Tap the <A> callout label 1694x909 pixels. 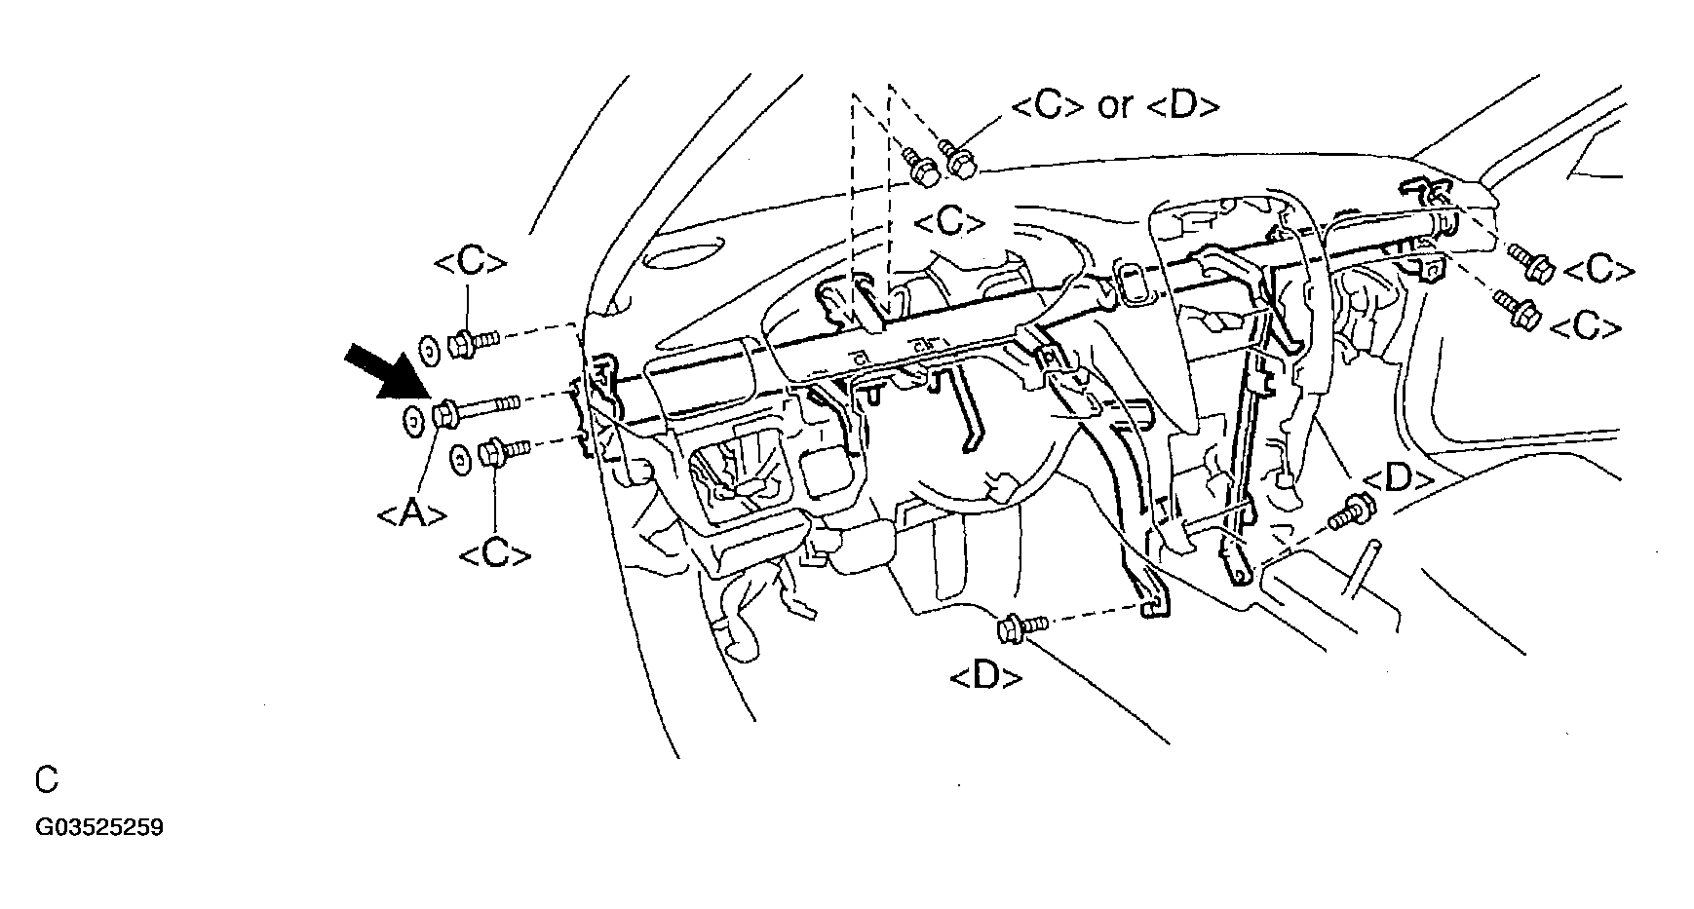click(x=411, y=512)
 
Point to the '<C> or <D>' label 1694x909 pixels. click(x=1115, y=105)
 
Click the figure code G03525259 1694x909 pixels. click(x=99, y=828)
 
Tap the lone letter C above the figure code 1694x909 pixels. click(x=46, y=780)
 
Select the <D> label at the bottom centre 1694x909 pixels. click(x=985, y=677)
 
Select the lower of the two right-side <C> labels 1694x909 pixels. click(x=1586, y=328)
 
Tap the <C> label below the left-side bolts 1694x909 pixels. click(x=495, y=555)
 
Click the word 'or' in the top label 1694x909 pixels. click(x=1114, y=105)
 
